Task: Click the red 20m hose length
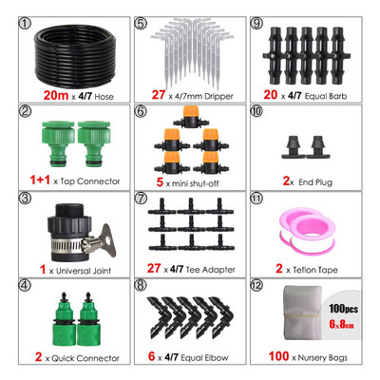[x=56, y=95]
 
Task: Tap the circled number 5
[x=141, y=24]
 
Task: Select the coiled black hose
[x=76, y=56]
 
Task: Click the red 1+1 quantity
[x=40, y=180]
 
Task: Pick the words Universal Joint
[x=84, y=271]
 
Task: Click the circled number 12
[x=256, y=285]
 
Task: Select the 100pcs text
[x=343, y=309]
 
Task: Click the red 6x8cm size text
[x=341, y=324]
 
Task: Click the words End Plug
[x=315, y=182]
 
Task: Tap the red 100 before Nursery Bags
[x=278, y=356]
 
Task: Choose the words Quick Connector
[x=85, y=358]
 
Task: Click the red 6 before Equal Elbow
[x=151, y=356]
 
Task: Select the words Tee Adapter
[x=210, y=270]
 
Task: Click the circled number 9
[x=256, y=24]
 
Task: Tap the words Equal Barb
[x=326, y=96]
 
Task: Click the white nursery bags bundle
[x=302, y=313]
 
